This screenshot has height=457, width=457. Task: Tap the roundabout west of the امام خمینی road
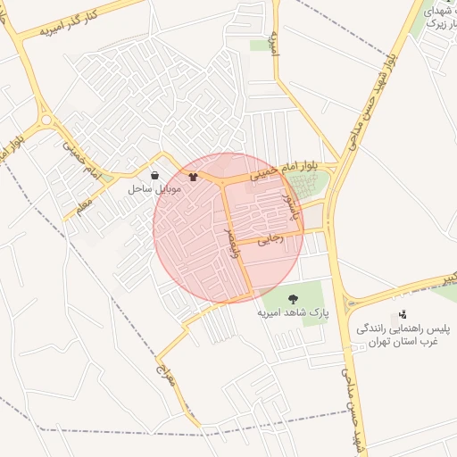tap(46, 120)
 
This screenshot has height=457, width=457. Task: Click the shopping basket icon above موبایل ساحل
tap(157, 176)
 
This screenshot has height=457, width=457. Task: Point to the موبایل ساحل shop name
tap(155, 189)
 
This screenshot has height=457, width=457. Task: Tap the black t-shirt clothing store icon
tap(193, 176)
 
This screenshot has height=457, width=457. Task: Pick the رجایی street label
tap(269, 239)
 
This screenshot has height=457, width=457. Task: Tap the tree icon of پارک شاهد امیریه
tap(295, 298)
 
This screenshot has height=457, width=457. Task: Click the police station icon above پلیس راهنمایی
tap(403, 314)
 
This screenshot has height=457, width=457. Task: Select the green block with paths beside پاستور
tap(314, 186)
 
